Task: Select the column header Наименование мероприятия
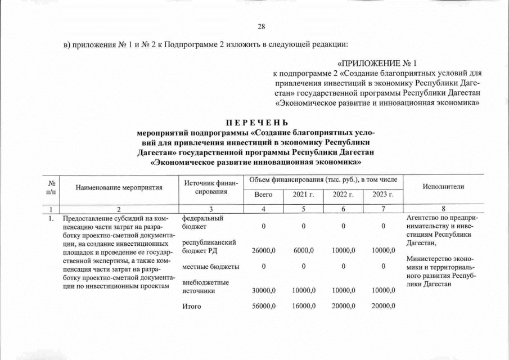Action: pos(119,187)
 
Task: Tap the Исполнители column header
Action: pos(445,187)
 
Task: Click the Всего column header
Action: pos(263,195)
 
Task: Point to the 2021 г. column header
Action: pos(303,195)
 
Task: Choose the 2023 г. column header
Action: pos(383,195)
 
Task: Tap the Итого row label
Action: pos(192,306)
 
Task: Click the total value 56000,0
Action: pos(263,306)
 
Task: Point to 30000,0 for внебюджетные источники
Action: pos(263,290)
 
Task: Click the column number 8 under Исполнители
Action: pos(445,208)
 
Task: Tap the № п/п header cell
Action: pos(52,187)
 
